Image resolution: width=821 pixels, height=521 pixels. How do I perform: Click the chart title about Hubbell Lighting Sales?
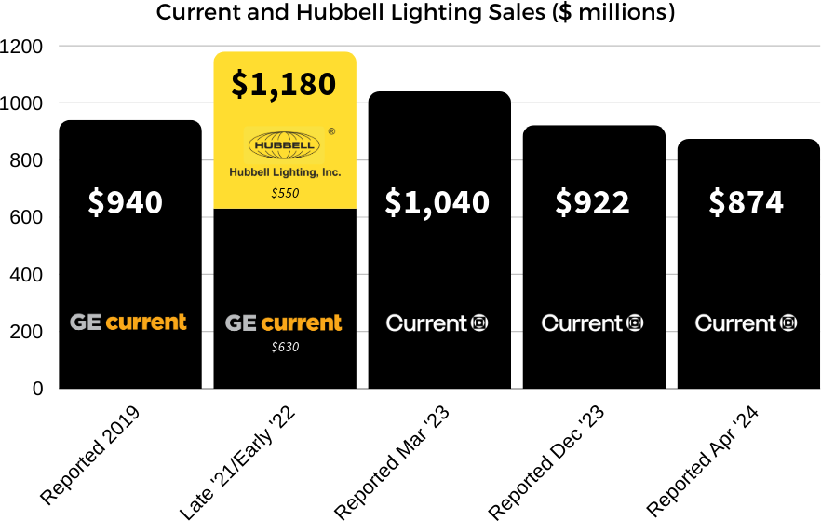pyautogui.click(x=415, y=13)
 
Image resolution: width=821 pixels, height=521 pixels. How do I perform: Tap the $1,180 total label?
pyautogui.click(x=284, y=84)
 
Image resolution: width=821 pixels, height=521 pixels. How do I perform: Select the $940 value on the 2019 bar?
pyautogui.click(x=126, y=202)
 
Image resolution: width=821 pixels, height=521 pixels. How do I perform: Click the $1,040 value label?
pyautogui.click(x=438, y=202)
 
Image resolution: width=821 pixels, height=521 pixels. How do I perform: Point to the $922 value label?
pyautogui.click(x=593, y=202)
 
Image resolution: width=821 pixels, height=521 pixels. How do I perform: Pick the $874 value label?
pyautogui.click(x=747, y=202)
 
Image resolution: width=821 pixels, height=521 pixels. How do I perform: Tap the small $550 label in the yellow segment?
pyautogui.click(x=285, y=193)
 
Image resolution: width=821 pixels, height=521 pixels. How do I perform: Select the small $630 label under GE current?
pyautogui.click(x=285, y=347)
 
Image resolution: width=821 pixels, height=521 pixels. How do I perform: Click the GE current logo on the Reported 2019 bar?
pyautogui.click(x=128, y=322)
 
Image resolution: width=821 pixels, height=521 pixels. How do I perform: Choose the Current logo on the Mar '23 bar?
pyautogui.click(x=437, y=323)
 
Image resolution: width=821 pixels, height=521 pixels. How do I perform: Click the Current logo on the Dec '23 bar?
pyautogui.click(x=592, y=323)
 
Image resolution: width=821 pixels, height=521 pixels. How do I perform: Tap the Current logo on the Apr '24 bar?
pyautogui.click(x=747, y=323)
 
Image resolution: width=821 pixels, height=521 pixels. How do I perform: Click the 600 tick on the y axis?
pyautogui.click(x=27, y=217)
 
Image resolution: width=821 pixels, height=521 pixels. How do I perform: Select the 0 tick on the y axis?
pyautogui.click(x=38, y=389)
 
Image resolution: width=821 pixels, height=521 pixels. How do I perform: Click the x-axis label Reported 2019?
pyautogui.click(x=90, y=455)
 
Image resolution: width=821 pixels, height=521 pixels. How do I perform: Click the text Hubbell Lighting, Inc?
pyautogui.click(x=285, y=173)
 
